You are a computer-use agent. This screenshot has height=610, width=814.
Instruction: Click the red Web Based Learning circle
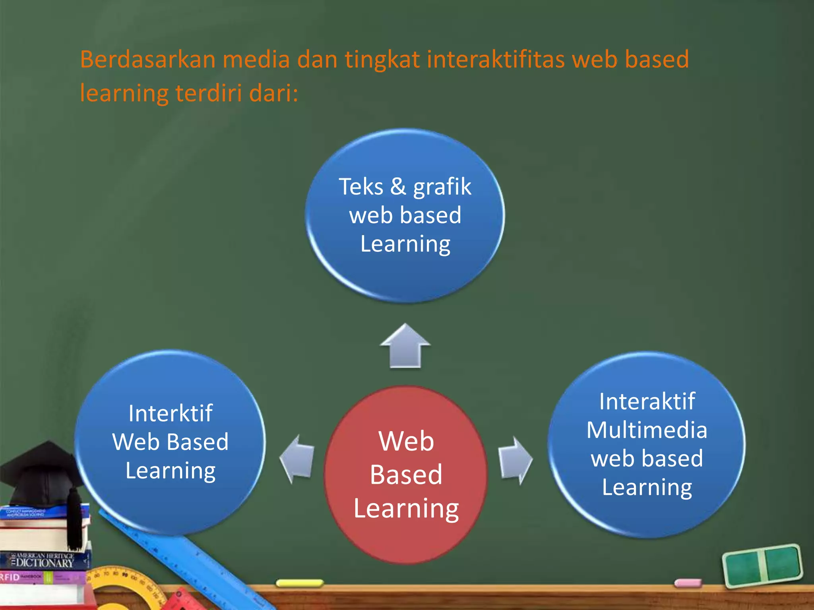click(406, 475)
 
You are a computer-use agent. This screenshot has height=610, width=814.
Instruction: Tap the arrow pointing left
click(297, 459)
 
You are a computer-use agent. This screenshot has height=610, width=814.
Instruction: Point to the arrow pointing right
click(515, 461)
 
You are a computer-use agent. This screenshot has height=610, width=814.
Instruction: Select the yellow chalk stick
click(300, 583)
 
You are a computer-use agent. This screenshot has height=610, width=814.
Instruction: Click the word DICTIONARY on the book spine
click(45, 563)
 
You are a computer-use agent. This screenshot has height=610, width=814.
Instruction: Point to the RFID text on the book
click(10, 577)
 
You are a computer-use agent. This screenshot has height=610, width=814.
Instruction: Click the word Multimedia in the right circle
click(647, 430)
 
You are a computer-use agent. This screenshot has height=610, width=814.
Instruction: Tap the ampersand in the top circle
click(398, 186)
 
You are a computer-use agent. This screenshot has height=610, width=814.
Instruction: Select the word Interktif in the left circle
click(170, 413)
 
